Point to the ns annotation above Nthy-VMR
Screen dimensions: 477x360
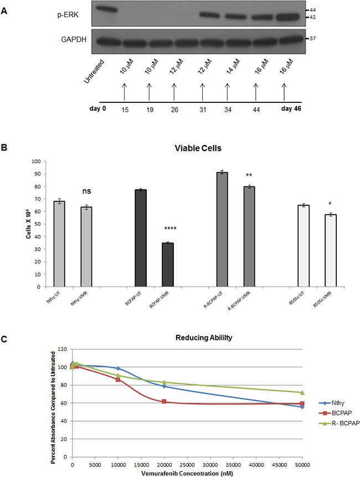click(x=86, y=191)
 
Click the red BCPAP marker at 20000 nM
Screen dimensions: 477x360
click(x=164, y=401)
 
